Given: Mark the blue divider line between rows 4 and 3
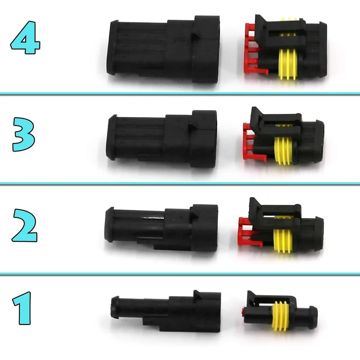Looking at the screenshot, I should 180,94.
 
